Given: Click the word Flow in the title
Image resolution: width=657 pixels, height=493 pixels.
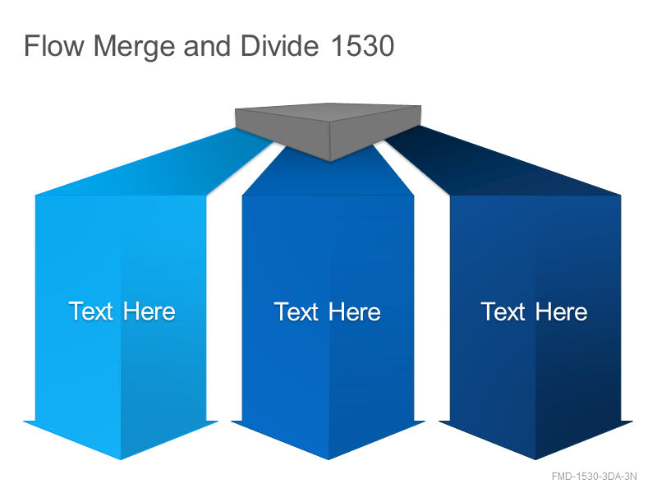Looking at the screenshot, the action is coord(54,46).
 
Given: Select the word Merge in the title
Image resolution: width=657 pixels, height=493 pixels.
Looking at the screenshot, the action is coord(134,47).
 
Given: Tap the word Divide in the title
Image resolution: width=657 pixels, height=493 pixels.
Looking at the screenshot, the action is coord(279,46).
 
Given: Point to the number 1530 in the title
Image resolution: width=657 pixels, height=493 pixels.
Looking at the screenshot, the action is coord(362,46).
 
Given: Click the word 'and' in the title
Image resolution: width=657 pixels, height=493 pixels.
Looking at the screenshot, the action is coord(207,46).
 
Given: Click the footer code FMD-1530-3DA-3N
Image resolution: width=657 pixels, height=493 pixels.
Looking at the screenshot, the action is coord(594,477).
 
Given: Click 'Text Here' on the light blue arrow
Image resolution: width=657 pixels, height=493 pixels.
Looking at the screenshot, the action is coord(122,311).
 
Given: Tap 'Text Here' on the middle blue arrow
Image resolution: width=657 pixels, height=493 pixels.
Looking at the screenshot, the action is coord(328,312).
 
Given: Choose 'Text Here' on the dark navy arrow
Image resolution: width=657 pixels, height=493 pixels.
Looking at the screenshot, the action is coord(535,312).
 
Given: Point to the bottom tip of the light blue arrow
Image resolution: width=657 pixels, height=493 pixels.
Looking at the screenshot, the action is coord(121,459).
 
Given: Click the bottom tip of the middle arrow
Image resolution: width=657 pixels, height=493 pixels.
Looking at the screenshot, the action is coord(328,459).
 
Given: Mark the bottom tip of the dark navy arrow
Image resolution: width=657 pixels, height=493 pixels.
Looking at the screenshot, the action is coord(535,459).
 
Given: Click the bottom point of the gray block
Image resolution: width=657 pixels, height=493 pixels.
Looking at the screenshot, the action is coord(330,161).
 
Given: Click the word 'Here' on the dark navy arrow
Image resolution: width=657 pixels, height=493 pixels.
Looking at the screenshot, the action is coord(561,312).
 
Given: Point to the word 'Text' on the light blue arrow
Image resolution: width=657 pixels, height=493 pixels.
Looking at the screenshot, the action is coord(91,311).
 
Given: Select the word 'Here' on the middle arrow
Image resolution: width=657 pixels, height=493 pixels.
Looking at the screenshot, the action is coord(355,312).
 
